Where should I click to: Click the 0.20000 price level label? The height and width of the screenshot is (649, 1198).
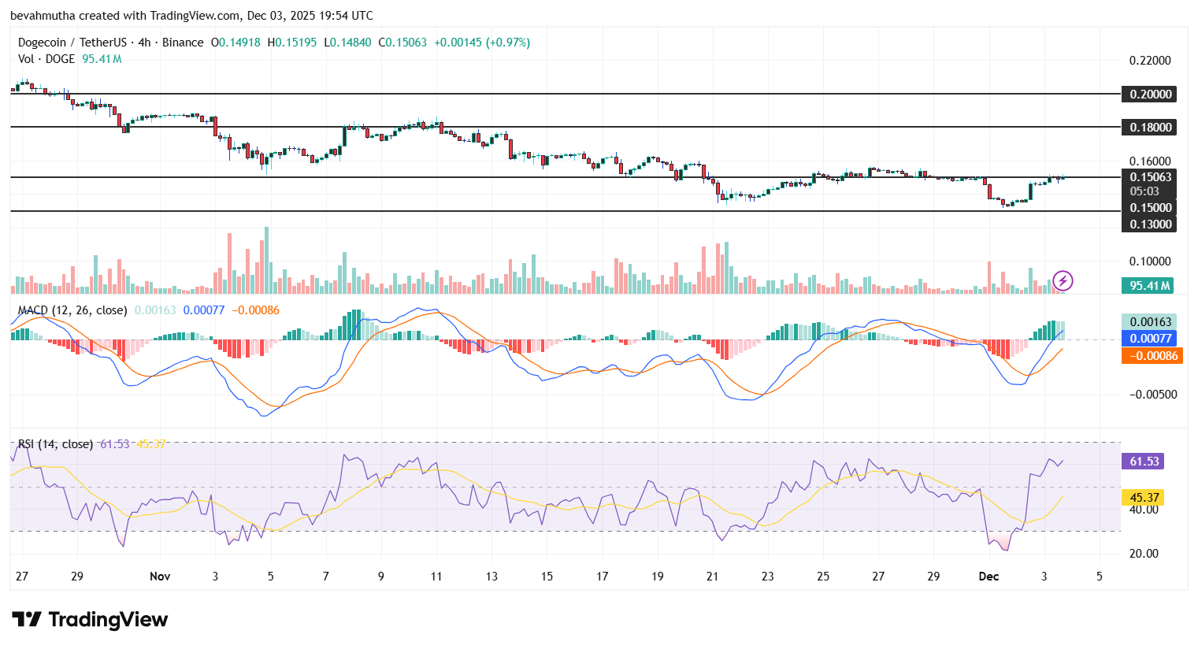tap(1150, 94)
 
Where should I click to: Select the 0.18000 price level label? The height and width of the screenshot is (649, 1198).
tap(1150, 127)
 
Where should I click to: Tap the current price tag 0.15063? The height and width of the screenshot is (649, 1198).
tap(1150, 177)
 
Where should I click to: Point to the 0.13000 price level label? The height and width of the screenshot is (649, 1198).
tap(1150, 224)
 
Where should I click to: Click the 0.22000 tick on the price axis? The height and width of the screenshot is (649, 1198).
tap(1150, 61)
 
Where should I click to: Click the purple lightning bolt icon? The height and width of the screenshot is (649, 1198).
tap(1063, 280)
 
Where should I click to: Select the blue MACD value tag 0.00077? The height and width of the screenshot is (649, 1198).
tap(1150, 339)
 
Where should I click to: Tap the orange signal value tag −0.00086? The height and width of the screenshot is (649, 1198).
tap(1150, 356)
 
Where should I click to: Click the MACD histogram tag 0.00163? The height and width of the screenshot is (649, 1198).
tap(1150, 321)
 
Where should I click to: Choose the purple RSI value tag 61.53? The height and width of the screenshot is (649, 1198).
tap(1144, 462)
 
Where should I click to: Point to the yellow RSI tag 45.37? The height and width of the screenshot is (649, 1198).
tap(1144, 498)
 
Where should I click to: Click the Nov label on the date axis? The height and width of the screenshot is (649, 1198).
tap(160, 577)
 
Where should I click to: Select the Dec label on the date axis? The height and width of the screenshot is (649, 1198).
tap(988, 577)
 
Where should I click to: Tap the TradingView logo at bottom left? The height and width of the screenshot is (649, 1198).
tap(90, 620)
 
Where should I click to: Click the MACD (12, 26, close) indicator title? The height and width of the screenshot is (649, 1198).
tap(72, 310)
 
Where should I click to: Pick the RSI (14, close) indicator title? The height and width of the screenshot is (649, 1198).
tap(55, 444)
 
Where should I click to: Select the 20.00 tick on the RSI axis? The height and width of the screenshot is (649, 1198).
tap(1144, 554)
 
